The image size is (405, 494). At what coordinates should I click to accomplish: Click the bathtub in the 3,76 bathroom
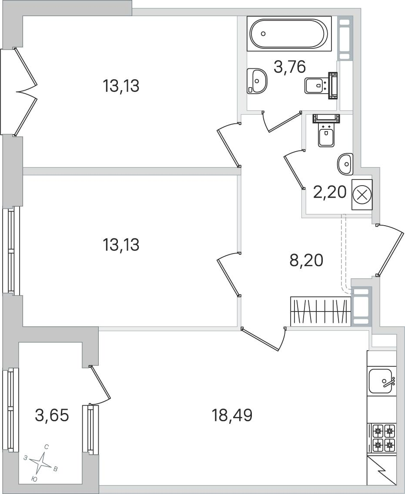(x=289, y=34)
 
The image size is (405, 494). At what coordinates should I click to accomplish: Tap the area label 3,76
(x=290, y=68)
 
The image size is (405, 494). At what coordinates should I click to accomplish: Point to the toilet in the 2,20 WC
(x=326, y=130)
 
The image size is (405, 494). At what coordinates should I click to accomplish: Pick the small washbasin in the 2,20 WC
(x=345, y=164)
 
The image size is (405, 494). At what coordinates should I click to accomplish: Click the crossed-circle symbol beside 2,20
(x=362, y=194)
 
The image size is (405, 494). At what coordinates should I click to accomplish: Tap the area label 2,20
(x=329, y=192)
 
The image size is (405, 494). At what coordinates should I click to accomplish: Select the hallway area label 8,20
(x=306, y=261)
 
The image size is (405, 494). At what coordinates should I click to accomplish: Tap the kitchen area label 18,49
(x=232, y=416)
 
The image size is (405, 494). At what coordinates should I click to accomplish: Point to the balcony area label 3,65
(x=52, y=416)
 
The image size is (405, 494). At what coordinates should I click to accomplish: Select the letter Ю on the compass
(x=35, y=480)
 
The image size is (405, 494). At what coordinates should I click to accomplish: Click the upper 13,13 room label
(x=121, y=86)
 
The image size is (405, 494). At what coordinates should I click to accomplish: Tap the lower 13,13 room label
(x=121, y=245)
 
